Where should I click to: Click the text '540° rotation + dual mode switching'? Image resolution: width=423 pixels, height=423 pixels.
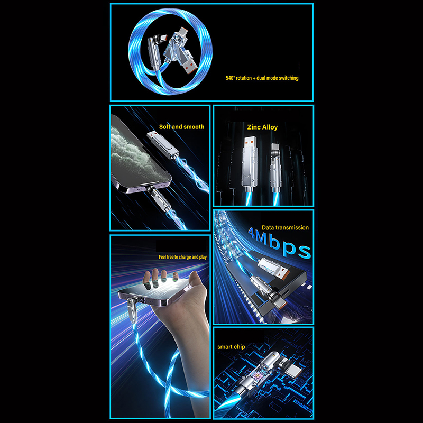(x=262, y=78)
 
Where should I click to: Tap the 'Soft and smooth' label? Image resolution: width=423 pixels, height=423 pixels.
(x=181, y=127)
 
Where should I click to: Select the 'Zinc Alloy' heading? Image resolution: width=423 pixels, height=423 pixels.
(x=262, y=127)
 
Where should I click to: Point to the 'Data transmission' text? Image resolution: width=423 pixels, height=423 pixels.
(x=285, y=227)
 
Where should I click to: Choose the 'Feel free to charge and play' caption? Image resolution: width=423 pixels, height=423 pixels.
(x=182, y=257)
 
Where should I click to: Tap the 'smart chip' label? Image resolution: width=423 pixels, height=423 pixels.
(x=231, y=347)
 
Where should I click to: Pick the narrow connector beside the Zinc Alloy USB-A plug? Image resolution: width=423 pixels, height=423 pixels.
(x=275, y=167)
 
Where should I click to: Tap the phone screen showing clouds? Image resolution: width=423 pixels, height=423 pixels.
(x=137, y=154)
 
